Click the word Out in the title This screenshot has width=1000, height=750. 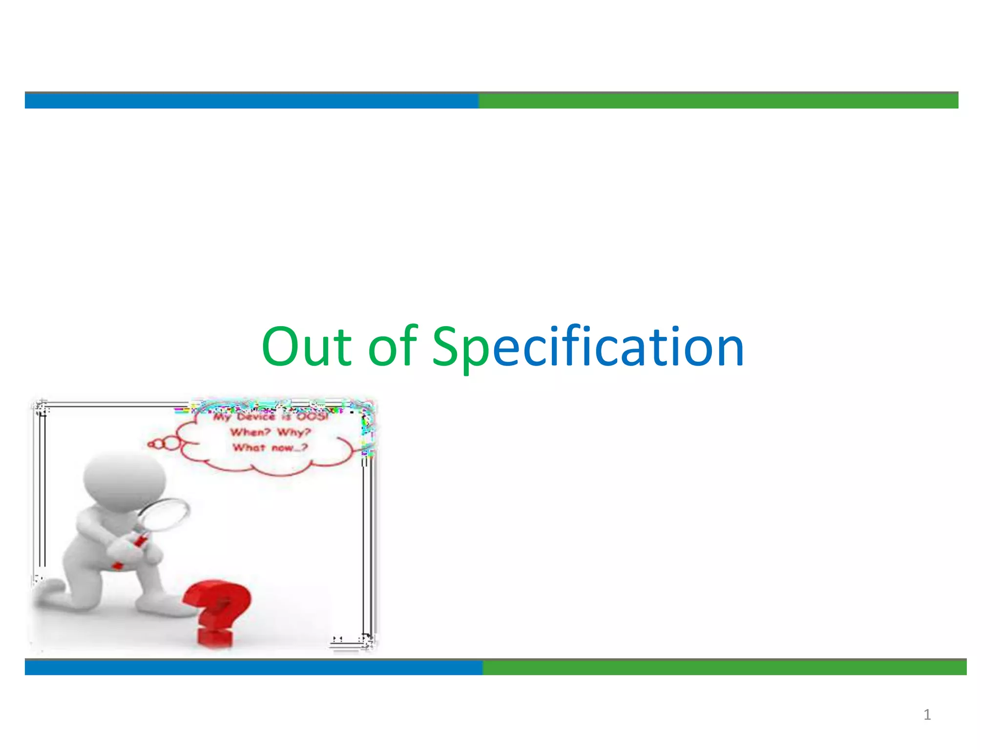tap(307, 347)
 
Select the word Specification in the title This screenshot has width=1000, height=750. tap(588, 348)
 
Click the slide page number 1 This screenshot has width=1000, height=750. tap(927, 715)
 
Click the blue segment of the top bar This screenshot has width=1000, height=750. tap(251, 101)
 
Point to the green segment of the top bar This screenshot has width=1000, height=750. tap(718, 101)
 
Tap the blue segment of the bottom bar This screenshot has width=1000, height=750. tap(253, 667)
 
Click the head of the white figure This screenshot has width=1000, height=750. tap(125, 481)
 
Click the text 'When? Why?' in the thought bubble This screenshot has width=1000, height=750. tap(270, 432)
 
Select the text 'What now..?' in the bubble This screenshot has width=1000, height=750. tap(270, 447)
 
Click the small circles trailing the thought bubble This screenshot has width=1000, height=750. tap(164, 444)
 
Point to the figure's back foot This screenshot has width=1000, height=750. tap(49, 591)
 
